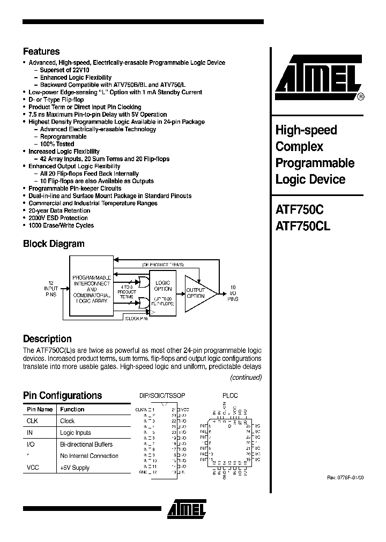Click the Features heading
pyautogui.click(x=41, y=51)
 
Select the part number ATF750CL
pyautogui.click(x=303, y=225)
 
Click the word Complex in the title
pyautogui.click(x=299, y=146)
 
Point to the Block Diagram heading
pyautogui.click(x=54, y=244)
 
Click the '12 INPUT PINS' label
pyautogui.click(x=51, y=289)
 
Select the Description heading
pyautogui.click(x=47, y=338)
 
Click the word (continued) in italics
pyautogui.click(x=245, y=378)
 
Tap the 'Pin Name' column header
pyautogui.click(x=40, y=409)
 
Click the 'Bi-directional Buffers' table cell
pyautogui.click(x=86, y=445)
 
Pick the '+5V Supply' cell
pyautogui.click(x=75, y=468)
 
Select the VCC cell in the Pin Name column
pyautogui.click(x=33, y=468)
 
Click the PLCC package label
pyautogui.click(x=230, y=396)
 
